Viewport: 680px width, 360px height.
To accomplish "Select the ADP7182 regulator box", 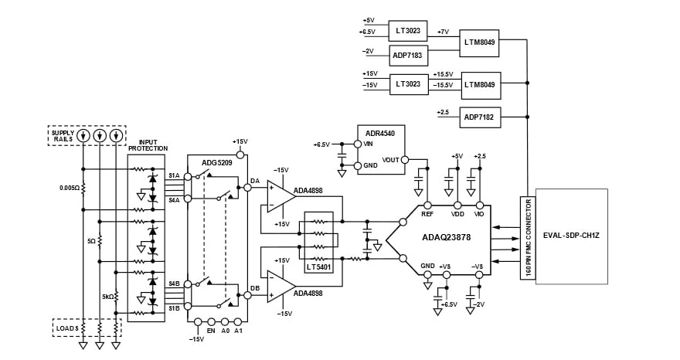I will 481,117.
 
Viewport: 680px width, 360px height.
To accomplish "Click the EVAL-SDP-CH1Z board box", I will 571,235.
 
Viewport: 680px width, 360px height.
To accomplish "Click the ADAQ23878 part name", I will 446,239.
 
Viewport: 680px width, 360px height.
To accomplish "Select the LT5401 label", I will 318,267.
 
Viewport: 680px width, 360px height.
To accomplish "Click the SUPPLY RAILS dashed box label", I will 63,136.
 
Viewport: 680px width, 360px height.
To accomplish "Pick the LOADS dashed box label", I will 66,328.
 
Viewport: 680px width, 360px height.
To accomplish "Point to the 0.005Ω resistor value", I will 69,187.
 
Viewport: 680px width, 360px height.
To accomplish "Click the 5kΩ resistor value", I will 108,296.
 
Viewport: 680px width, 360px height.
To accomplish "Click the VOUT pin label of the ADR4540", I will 391,160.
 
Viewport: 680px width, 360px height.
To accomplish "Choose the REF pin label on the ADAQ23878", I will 427,214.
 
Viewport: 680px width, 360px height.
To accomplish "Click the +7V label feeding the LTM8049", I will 443,32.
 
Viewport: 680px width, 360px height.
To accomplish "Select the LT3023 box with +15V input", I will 409,83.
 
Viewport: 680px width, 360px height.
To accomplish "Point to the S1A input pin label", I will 174,176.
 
